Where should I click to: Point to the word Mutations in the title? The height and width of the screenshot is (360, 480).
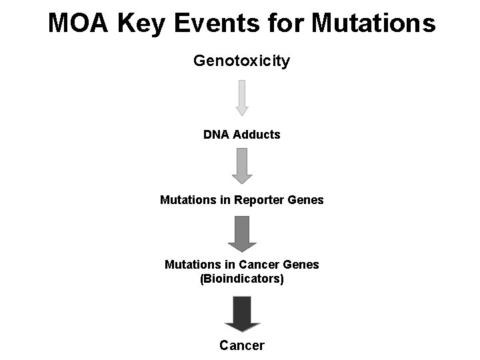coord(373,23)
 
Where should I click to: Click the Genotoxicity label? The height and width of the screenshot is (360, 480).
coord(241,61)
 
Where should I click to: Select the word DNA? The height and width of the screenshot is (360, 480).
coord(215,135)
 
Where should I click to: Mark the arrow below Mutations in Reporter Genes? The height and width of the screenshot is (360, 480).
coord(242,233)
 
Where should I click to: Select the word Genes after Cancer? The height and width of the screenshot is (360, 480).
coord(302,265)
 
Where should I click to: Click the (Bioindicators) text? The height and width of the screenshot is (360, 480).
coord(242,279)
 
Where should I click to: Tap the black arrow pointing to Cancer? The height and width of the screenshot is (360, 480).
coord(242,313)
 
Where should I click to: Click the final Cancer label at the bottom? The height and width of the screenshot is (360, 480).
coord(242,345)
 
